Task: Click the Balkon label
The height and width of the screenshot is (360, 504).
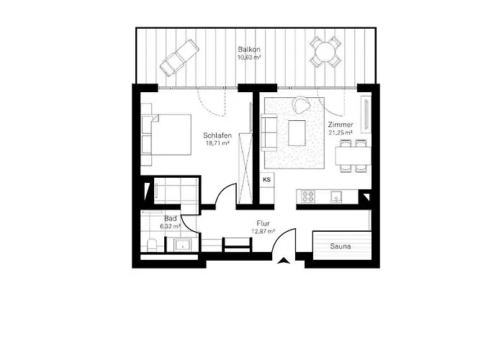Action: [249, 49]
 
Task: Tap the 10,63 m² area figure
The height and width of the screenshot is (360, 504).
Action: [249, 58]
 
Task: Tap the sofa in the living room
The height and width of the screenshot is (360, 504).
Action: [269, 132]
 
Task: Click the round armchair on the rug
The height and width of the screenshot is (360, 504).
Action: [300, 106]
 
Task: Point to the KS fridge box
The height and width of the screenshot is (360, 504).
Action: [266, 179]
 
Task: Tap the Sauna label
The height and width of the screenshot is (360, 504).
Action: [341, 246]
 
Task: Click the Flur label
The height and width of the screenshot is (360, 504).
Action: [263, 223]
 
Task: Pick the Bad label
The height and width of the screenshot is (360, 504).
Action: [170, 217]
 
